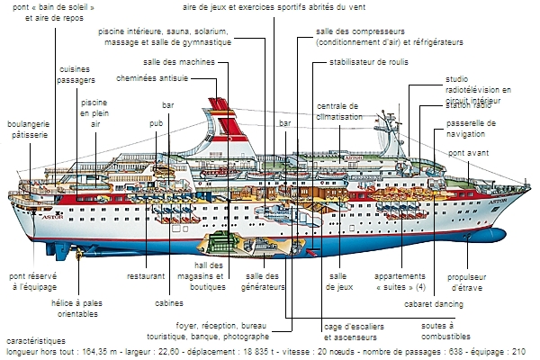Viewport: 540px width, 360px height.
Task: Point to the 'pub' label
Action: [x=157, y=121]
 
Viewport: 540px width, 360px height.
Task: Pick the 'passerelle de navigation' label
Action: [x=472, y=129]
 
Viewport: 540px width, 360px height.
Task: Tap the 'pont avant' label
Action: [x=469, y=154]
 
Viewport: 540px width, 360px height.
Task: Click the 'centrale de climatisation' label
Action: [x=339, y=112]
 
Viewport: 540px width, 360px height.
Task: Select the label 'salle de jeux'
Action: [x=339, y=282]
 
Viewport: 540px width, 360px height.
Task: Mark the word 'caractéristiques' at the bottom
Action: [x=34, y=341]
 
